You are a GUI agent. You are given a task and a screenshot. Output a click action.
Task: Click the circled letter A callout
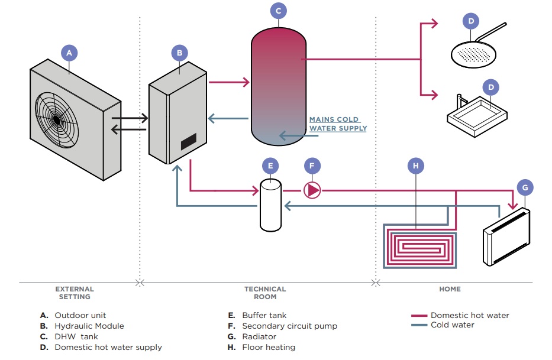point(69,53)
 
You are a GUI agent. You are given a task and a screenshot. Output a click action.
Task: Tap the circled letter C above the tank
point(279,10)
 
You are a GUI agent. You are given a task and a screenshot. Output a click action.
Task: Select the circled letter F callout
point(312,166)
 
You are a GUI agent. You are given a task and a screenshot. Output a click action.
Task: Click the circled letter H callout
point(416,166)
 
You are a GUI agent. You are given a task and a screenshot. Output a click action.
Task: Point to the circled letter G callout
point(524,188)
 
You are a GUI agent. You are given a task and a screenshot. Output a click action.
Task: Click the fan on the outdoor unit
point(57,118)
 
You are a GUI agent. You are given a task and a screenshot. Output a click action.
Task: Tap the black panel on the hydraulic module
point(188,141)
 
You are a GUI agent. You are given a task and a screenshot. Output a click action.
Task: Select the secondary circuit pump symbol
point(312,190)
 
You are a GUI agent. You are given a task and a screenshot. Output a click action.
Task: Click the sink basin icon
point(477,116)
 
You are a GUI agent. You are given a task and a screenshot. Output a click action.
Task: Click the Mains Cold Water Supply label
point(338,124)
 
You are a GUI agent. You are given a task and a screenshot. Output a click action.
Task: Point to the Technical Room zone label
point(265,293)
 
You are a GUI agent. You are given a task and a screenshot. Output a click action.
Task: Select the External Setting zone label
point(75,293)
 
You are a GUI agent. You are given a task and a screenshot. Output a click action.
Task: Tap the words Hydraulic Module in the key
point(89,326)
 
